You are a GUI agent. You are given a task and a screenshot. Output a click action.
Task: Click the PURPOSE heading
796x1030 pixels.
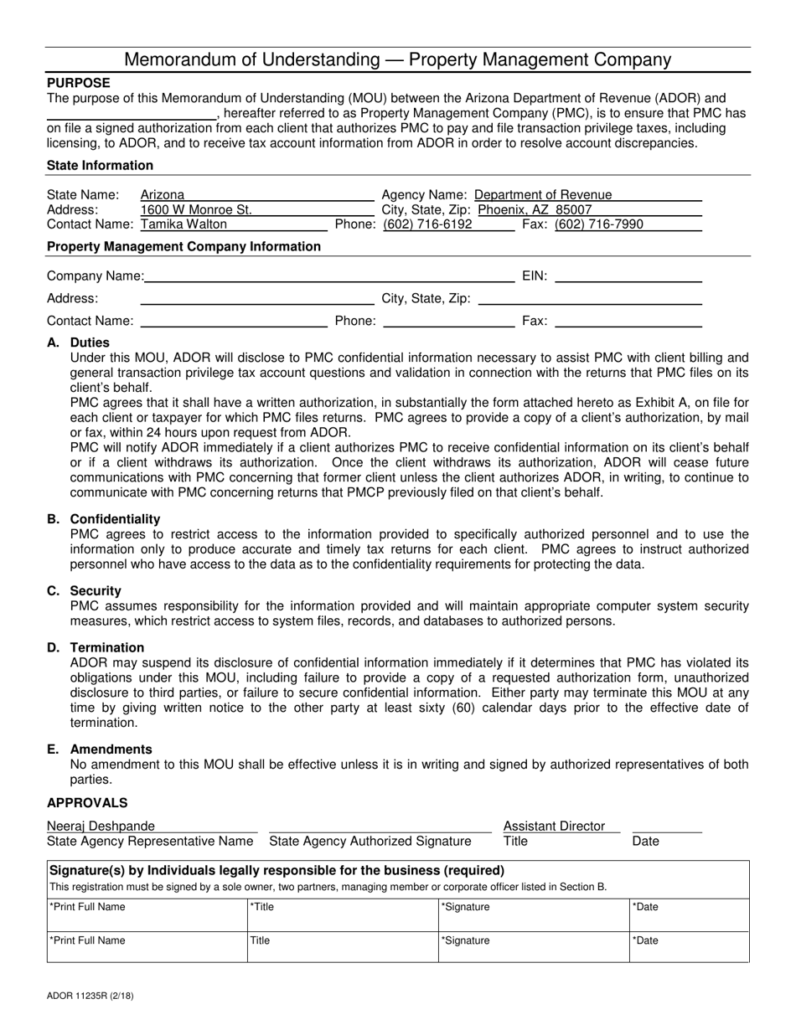(78, 83)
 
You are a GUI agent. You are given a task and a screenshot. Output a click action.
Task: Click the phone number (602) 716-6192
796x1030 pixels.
(427, 224)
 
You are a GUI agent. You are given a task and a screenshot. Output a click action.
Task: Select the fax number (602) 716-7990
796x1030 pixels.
(599, 224)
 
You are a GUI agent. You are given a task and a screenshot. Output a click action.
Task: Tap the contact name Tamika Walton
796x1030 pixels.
(183, 224)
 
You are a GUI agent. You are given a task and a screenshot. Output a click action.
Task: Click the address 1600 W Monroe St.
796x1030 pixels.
(196, 209)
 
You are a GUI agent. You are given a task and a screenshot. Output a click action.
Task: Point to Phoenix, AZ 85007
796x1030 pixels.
(535, 209)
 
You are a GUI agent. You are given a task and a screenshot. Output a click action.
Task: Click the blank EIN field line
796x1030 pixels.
(628, 276)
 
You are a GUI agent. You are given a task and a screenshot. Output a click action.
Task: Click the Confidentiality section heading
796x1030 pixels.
(115, 519)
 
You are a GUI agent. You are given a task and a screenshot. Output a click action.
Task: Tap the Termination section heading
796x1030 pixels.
(106, 647)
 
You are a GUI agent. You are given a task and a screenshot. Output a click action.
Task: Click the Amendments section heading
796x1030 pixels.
(111, 749)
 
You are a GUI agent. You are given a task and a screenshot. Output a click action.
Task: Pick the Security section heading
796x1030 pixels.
(96, 590)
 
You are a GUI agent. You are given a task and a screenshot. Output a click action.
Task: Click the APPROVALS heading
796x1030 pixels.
(87, 803)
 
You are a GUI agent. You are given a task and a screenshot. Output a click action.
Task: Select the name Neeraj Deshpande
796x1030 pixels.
(101, 827)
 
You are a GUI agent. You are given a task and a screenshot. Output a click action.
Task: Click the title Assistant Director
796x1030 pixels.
(554, 827)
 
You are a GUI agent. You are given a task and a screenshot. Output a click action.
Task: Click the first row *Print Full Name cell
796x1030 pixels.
(147, 915)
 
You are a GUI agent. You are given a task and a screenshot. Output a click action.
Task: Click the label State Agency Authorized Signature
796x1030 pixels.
(370, 841)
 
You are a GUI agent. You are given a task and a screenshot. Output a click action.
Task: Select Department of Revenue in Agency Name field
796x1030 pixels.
(543, 194)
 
